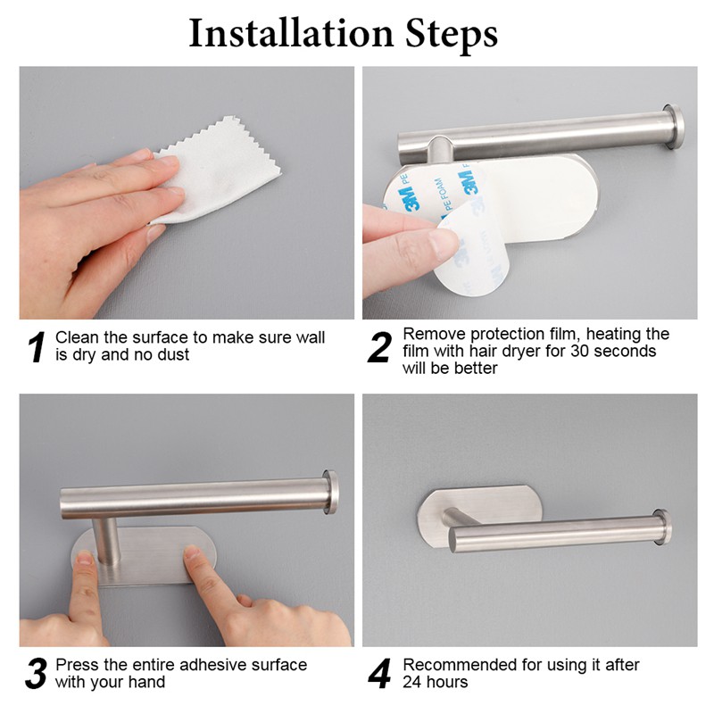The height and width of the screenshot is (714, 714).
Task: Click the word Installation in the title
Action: click(292, 33)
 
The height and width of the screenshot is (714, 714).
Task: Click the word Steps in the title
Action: click(452, 35)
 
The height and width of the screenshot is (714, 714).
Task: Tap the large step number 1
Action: click(37, 346)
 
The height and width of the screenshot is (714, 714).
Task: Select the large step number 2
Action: click(379, 347)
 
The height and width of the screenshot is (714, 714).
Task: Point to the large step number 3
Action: click(36, 674)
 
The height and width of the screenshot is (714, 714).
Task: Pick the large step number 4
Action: click(379, 674)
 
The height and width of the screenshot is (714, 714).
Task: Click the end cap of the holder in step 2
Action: click(673, 127)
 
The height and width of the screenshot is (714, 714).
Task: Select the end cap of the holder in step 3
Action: click(330, 493)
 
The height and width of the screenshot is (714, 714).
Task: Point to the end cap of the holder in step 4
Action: click(662, 527)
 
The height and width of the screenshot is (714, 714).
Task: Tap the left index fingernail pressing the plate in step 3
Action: click(84, 557)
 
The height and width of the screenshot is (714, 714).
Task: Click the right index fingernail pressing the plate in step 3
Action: click(192, 552)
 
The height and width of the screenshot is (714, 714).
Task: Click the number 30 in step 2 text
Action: click(581, 351)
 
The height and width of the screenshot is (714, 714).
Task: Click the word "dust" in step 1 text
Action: click(173, 354)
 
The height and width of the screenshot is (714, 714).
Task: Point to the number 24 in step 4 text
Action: click(412, 682)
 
